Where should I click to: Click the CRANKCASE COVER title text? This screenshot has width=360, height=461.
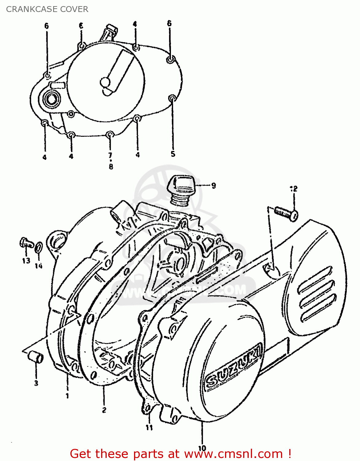pos(47,9)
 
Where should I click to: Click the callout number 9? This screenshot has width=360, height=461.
pos(213,186)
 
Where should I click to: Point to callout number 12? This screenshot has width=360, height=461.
pos(294,189)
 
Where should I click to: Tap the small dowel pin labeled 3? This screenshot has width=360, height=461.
pos(36,358)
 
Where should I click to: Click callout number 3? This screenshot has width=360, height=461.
pos(36,383)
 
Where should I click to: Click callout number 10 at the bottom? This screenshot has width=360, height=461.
pos(202,448)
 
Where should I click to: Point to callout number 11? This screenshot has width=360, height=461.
pos(149,428)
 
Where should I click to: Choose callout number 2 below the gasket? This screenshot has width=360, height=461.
pos(104,410)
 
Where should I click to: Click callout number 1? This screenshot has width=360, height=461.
pos(67,396)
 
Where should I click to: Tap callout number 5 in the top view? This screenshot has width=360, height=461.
pos(173,154)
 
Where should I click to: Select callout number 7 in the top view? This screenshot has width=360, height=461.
pos(110,155)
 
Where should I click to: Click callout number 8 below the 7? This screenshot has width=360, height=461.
pos(111,167)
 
